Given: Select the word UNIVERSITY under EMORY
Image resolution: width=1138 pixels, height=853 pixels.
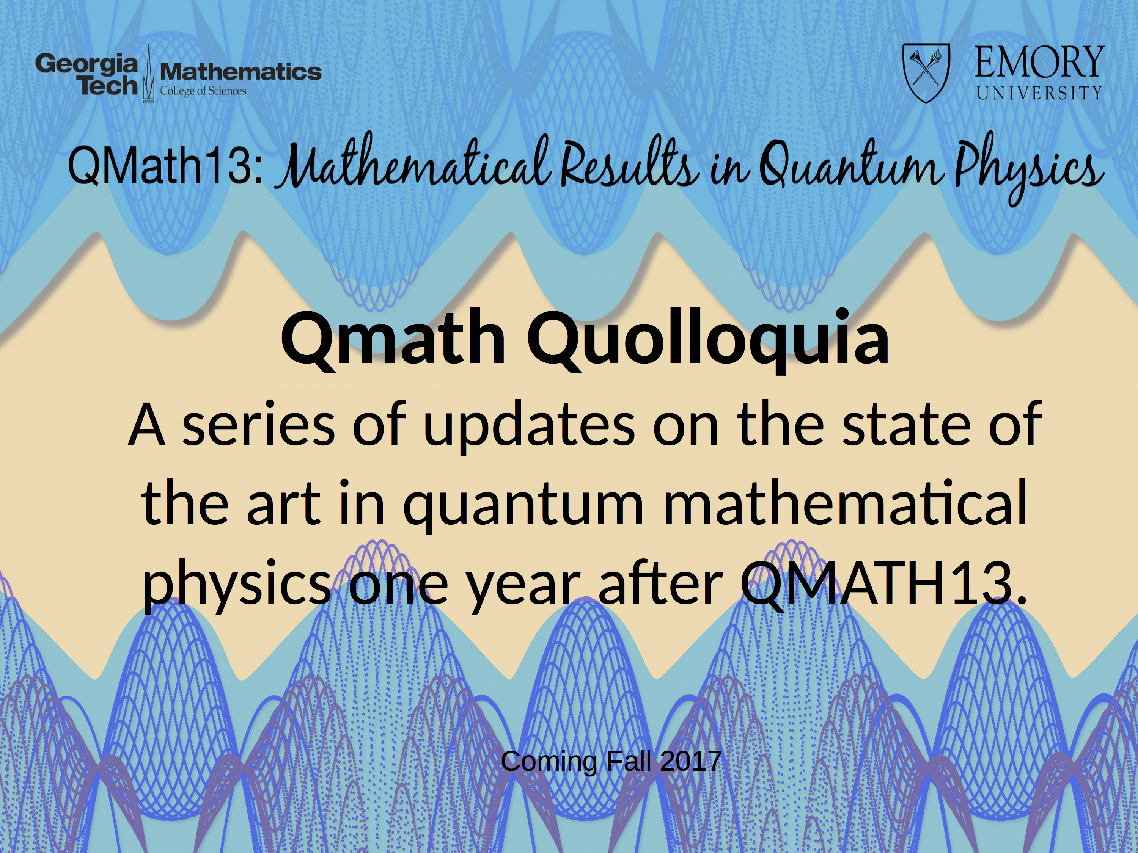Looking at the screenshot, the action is pyautogui.click(x=1039, y=93).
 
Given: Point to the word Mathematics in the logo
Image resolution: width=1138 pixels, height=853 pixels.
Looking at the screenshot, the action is pyautogui.click(x=241, y=72).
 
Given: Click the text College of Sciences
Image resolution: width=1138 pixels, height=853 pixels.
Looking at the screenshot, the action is pyautogui.click(x=203, y=91).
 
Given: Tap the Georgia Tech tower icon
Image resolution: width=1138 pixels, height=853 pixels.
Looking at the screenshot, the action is pyautogui.click(x=149, y=74).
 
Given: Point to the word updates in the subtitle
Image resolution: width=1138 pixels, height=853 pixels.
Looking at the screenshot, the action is pyautogui.click(x=528, y=426).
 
